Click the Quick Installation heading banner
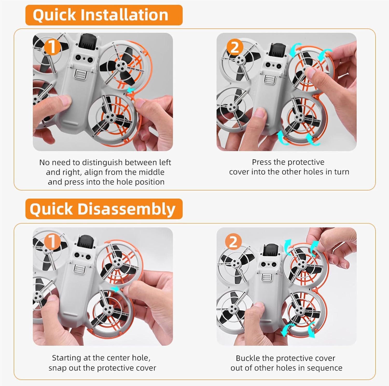[104, 15]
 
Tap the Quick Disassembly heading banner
[104, 209]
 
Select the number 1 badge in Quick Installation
[53, 47]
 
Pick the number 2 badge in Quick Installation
[235, 47]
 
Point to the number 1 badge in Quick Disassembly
[52, 242]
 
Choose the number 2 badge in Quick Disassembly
[233, 242]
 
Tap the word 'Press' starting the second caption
[262, 162]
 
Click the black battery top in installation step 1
[87, 42]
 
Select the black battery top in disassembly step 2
[272, 252]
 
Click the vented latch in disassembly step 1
[79, 269]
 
